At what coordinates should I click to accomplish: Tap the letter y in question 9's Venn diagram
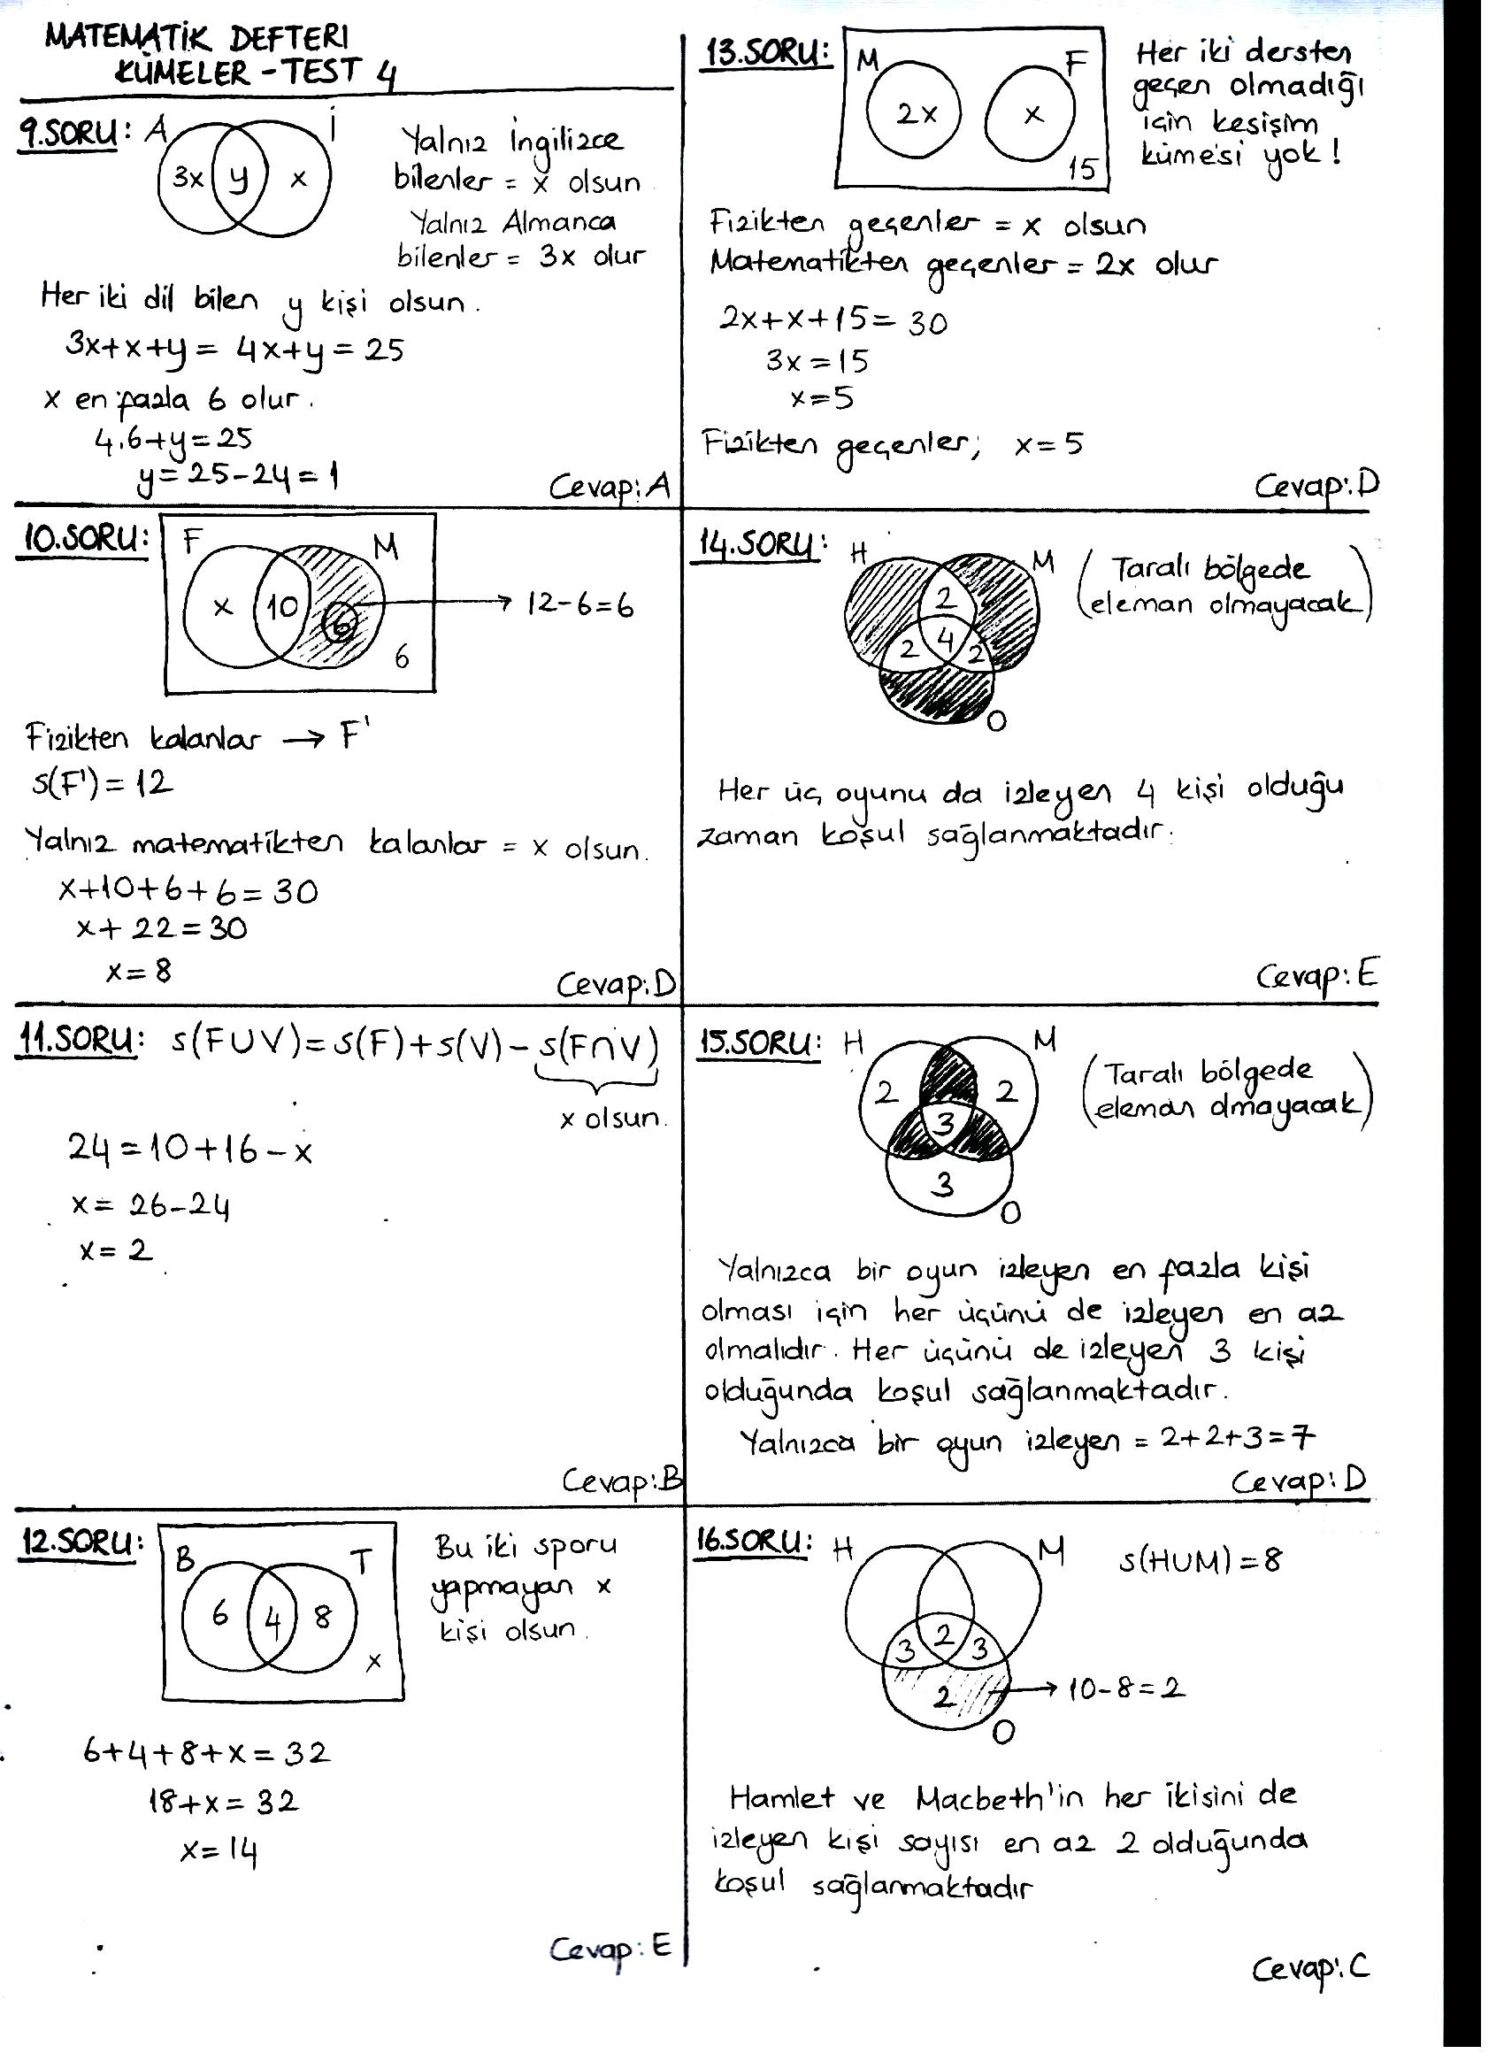(x=238, y=179)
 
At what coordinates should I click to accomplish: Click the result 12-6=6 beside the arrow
(x=580, y=604)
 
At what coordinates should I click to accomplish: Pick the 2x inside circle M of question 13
(x=916, y=114)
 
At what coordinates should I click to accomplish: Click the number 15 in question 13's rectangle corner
(x=1082, y=169)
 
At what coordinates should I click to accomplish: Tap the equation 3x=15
(x=817, y=361)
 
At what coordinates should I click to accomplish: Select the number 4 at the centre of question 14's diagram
(x=946, y=640)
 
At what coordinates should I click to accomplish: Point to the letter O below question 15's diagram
(x=1009, y=1212)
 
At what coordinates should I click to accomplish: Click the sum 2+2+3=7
(x=1237, y=1439)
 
